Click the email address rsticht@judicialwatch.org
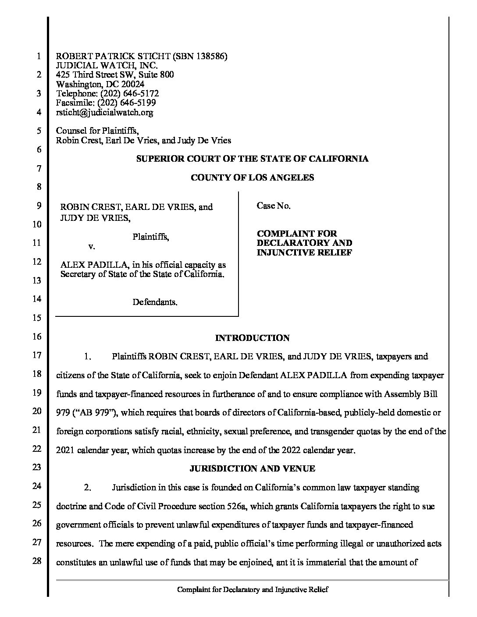(105, 112)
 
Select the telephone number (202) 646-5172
(129, 93)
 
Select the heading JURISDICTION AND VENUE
(252, 468)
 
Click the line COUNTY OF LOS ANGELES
(252, 177)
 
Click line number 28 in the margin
(38, 561)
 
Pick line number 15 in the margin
(38, 318)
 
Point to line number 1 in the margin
(39, 57)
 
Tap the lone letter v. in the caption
(91, 246)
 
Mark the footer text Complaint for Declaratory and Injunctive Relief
(252, 589)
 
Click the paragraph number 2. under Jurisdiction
(88, 487)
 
